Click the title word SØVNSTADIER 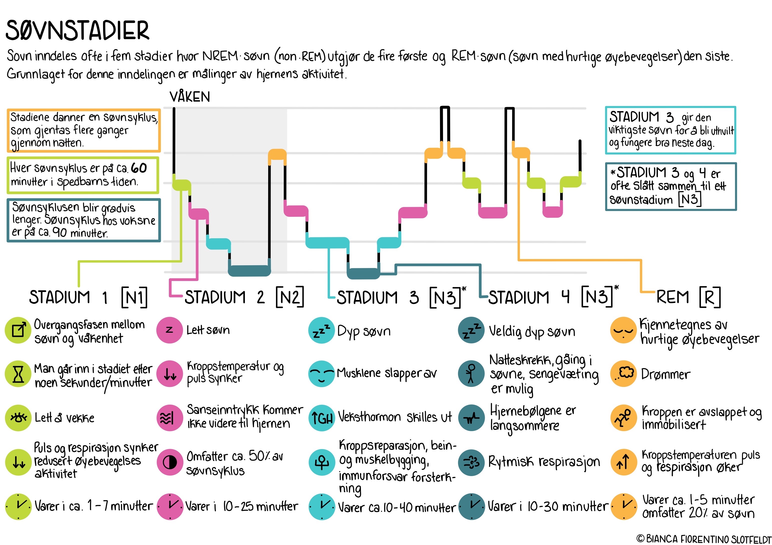[77, 30]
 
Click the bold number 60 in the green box [139, 168]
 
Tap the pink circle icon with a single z [169, 330]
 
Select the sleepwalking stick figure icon [471, 374]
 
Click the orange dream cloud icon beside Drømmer [624, 374]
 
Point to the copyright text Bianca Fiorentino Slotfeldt [704, 539]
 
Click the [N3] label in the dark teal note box [690, 200]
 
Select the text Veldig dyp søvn [532, 332]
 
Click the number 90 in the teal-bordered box [60, 232]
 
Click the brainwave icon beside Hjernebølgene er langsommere [471, 418]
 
